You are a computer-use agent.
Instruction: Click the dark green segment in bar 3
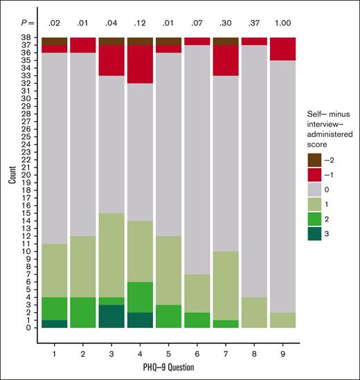coord(111,316)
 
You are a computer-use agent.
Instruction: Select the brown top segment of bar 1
coord(54,41)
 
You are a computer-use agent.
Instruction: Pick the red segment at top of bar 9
coord(282,48)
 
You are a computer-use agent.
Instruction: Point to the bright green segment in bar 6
coord(197,320)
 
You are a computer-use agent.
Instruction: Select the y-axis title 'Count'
coord(10,183)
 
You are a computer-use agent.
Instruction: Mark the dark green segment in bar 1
coord(54,323)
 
